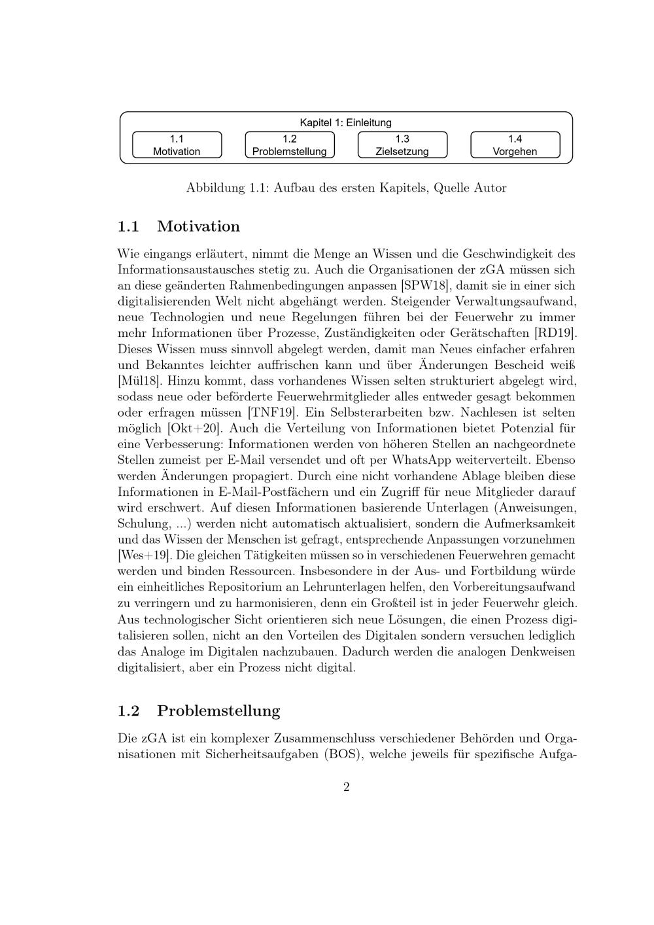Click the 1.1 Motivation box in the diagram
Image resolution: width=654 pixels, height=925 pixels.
(x=177, y=145)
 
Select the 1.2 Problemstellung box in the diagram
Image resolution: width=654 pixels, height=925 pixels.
(x=289, y=145)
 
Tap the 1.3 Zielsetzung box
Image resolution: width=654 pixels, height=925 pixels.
(x=402, y=145)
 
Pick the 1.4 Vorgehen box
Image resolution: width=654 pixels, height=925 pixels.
(x=515, y=145)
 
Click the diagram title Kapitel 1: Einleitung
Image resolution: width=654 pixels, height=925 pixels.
(x=345, y=122)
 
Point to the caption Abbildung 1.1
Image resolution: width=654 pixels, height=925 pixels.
(x=346, y=188)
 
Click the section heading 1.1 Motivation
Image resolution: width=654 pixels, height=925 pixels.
(x=179, y=227)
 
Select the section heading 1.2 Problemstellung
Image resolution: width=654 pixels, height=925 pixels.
(x=198, y=711)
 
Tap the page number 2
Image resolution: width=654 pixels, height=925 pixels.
(x=346, y=787)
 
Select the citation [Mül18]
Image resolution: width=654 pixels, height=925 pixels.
(x=139, y=381)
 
